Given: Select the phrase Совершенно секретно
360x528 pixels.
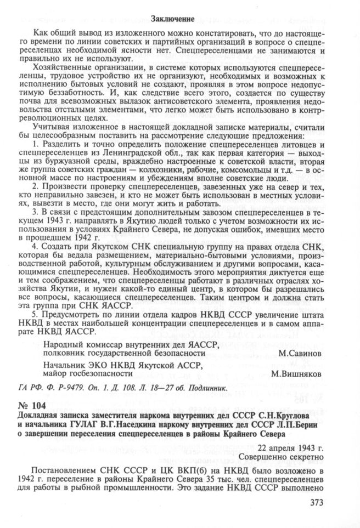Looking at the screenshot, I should coord(282,456).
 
